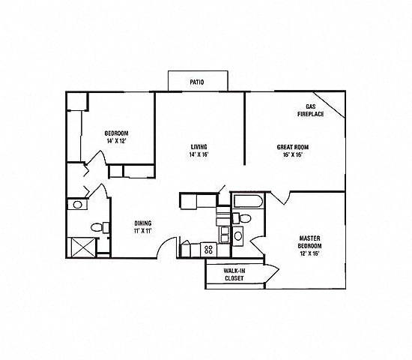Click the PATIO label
click(196, 82)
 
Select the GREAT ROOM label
click(293, 147)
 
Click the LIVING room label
click(199, 147)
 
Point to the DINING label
click(143, 223)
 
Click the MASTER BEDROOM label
click(310, 241)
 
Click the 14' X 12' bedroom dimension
click(116, 141)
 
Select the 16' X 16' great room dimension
click(293, 155)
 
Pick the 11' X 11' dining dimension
click(143, 230)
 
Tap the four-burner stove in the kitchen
click(207, 249)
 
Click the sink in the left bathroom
click(77, 204)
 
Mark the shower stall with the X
click(79, 247)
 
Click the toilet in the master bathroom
click(243, 219)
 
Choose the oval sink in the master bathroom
click(238, 236)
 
